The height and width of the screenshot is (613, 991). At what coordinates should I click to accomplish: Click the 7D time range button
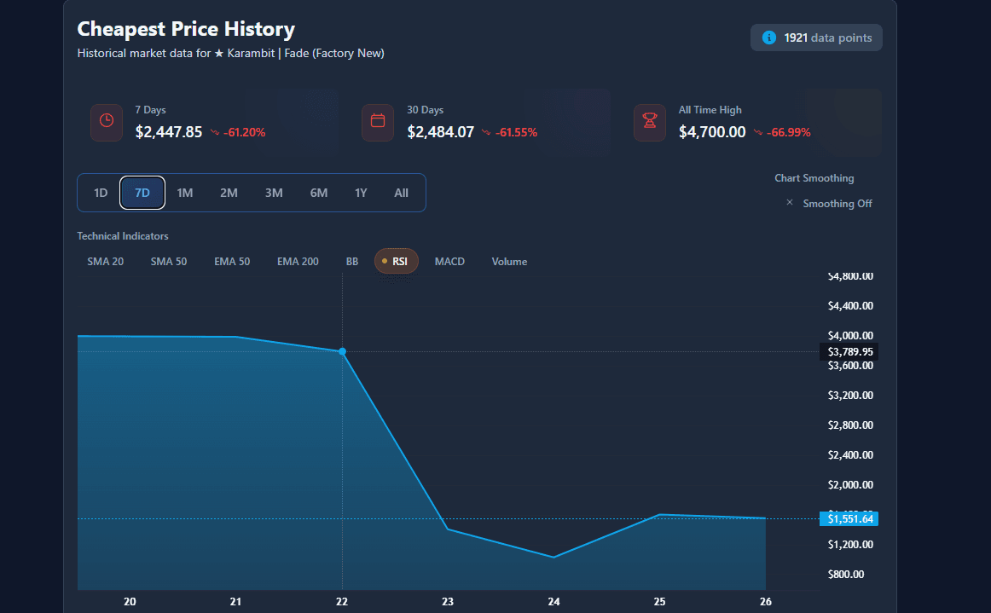click(142, 193)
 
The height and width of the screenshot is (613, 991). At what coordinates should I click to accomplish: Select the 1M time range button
click(185, 193)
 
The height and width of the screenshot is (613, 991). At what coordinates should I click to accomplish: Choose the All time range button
click(402, 193)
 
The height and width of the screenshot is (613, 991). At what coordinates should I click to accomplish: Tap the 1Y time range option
click(361, 193)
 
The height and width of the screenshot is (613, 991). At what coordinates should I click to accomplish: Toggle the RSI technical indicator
click(397, 262)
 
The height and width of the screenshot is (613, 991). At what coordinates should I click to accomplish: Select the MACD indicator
click(449, 262)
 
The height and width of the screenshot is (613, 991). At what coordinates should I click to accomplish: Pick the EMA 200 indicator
click(298, 262)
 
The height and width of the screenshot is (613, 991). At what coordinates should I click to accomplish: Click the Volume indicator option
click(509, 262)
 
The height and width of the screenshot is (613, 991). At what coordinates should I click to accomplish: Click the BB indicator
click(352, 262)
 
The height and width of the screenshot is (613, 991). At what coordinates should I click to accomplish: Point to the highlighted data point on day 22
click(342, 351)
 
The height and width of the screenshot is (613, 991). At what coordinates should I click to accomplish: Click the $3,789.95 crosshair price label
click(850, 351)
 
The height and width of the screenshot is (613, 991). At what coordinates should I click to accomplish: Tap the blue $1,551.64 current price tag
click(850, 518)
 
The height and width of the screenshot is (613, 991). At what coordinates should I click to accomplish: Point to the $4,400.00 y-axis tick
click(850, 306)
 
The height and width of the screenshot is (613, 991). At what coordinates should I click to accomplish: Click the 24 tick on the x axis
click(553, 601)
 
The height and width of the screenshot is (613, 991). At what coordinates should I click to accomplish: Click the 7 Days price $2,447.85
click(169, 132)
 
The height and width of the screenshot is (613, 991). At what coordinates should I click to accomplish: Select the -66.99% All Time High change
click(789, 132)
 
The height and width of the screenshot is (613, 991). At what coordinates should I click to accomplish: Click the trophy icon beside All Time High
click(650, 122)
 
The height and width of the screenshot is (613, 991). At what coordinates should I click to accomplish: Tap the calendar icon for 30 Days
click(378, 122)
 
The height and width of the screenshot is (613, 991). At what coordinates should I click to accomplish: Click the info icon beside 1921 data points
click(769, 38)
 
